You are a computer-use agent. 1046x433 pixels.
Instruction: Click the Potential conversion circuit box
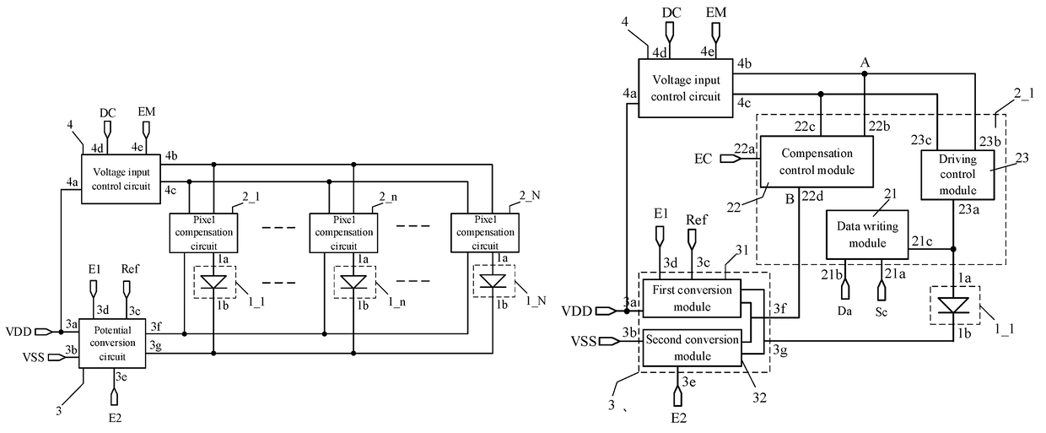click(112, 344)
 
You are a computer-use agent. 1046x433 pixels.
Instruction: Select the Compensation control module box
click(817, 161)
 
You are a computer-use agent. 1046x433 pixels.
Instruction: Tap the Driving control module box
click(957, 175)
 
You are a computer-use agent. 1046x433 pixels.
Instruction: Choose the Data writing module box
click(867, 235)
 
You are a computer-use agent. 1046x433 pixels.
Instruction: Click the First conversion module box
click(692, 299)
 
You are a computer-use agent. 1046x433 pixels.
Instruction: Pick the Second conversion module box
click(692, 348)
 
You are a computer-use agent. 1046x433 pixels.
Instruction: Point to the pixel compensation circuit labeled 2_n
click(343, 233)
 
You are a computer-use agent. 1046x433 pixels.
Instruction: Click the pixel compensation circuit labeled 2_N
click(485, 233)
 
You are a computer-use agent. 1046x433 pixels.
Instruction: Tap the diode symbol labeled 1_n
click(353, 282)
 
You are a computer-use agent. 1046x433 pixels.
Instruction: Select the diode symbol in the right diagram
click(953, 305)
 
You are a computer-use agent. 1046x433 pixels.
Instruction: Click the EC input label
click(703, 159)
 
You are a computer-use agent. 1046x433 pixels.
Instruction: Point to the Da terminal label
click(844, 311)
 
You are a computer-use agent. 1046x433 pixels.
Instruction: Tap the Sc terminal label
click(882, 312)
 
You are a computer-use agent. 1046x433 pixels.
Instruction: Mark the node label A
click(865, 62)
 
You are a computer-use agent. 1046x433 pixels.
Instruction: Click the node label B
click(790, 199)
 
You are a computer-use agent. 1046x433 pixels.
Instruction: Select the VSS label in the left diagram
click(34, 357)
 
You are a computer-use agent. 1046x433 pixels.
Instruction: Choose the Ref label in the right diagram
click(696, 220)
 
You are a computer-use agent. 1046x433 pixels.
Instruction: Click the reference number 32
click(760, 398)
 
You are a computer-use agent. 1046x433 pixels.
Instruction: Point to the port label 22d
click(812, 197)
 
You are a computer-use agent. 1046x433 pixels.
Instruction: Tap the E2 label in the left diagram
click(115, 418)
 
